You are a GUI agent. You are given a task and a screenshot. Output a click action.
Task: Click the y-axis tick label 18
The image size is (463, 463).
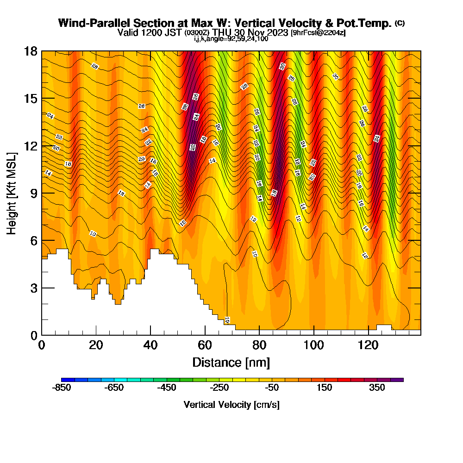tap(31, 51)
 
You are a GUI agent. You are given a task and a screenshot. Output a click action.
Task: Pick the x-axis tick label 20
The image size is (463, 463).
tap(96, 345)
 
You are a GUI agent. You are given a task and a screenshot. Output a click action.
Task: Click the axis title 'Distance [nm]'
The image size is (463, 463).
tap(231, 362)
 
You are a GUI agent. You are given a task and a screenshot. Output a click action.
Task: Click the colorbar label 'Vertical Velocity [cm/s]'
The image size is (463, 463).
tap(231, 405)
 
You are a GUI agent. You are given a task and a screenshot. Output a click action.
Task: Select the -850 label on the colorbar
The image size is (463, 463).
tap(62, 388)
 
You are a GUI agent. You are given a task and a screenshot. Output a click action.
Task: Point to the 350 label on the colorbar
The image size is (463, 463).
tap(377, 388)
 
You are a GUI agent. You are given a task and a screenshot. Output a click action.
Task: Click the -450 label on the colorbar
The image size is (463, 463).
tap(167, 388)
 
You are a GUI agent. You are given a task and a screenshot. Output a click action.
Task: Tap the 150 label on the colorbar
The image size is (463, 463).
tap(325, 388)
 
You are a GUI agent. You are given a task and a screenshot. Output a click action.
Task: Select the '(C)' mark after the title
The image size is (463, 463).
tap(400, 23)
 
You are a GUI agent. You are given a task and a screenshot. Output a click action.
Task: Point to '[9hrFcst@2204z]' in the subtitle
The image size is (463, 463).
tap(318, 33)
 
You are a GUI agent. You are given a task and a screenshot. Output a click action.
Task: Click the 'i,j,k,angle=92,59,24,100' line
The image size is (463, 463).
tap(231, 38)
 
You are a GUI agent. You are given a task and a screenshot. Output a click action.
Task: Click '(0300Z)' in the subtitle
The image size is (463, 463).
tap(197, 33)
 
